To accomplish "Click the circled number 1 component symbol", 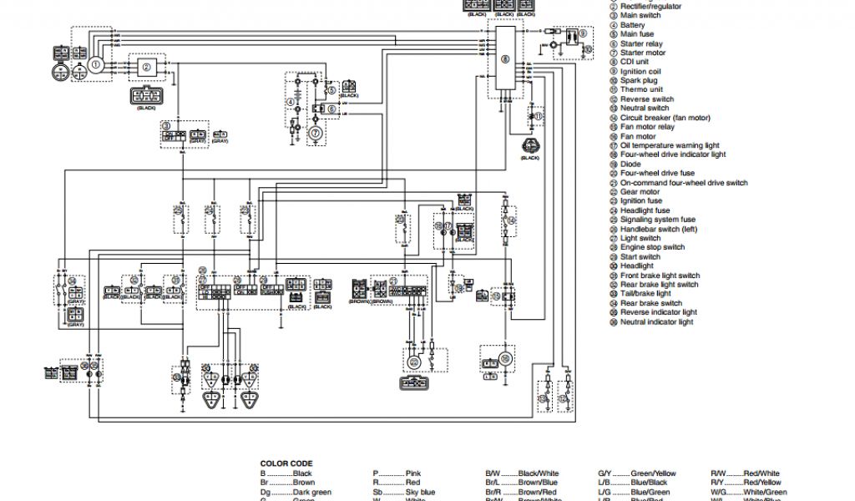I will click(x=95, y=64).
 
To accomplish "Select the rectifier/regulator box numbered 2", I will click(x=146, y=68).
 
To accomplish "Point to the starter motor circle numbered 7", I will click(x=316, y=132).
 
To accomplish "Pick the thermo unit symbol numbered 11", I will click(x=538, y=118).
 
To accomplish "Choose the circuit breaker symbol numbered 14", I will click(x=508, y=220).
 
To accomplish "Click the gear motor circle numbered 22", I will click(x=412, y=361).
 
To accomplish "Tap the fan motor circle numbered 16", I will click(x=504, y=358).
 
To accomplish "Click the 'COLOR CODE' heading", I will click(x=286, y=463).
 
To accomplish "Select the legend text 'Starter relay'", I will click(x=641, y=43).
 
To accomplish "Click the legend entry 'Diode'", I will click(x=630, y=164).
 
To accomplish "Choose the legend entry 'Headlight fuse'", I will click(x=646, y=210).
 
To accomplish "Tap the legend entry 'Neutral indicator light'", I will click(x=656, y=321).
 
